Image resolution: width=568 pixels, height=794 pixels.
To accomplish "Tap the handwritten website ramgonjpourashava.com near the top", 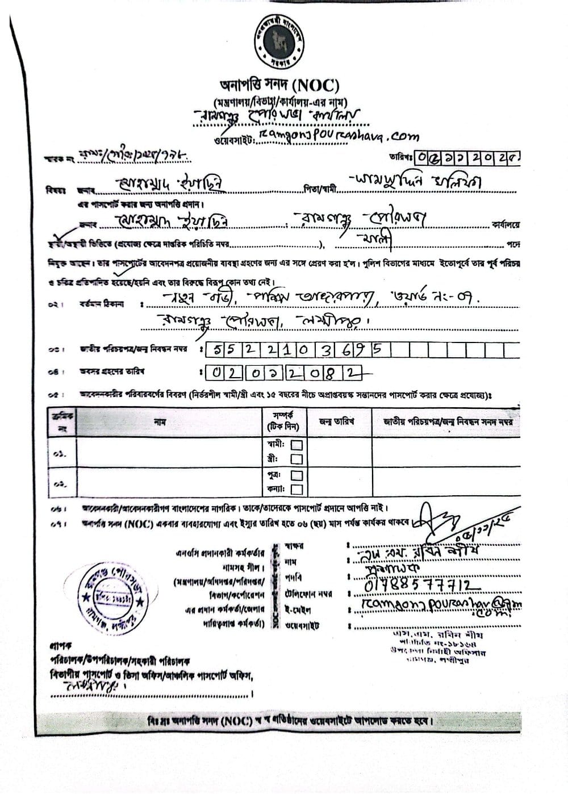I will (x=339, y=135).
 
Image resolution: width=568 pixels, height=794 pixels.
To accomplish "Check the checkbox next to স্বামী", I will (x=296, y=445).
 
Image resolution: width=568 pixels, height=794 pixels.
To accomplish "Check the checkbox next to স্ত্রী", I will (x=296, y=459).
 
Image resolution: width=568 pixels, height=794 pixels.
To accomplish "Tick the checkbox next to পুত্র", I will (x=296, y=475).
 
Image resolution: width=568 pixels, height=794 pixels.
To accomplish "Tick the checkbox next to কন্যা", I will (x=296, y=489).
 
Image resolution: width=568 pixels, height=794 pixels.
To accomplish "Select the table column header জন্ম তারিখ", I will (x=337, y=421).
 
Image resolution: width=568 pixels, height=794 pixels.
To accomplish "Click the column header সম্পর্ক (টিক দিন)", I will (x=282, y=421).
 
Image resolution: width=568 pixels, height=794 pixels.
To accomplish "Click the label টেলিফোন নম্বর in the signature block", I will (x=308, y=594).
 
